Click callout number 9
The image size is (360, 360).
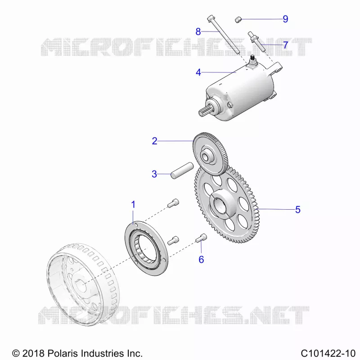285,19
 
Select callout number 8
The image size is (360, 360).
198,31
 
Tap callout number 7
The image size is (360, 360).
285,45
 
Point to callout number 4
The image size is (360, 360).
198,72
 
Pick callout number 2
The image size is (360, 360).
154,141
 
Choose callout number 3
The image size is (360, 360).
154,174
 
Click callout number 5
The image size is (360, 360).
298,210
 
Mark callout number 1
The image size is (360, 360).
133,205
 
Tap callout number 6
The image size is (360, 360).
201,260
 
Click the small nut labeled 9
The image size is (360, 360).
238,19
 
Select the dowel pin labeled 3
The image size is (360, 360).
182,171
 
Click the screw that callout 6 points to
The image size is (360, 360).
201,238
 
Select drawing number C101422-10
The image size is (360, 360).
328,353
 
